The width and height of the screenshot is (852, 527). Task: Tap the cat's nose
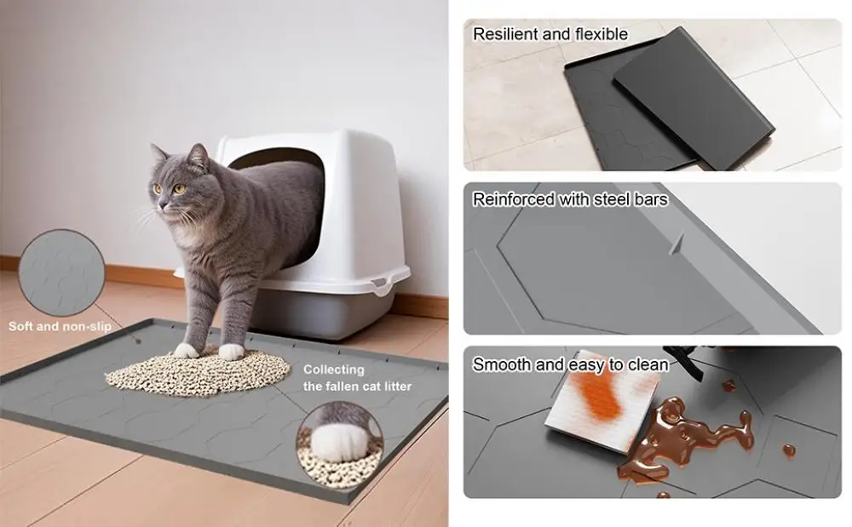click(x=161, y=205)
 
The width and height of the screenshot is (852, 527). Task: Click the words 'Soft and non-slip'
click(x=60, y=326)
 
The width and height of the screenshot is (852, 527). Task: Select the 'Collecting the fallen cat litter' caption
click(x=357, y=378)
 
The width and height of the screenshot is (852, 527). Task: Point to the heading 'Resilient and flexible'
click(x=550, y=34)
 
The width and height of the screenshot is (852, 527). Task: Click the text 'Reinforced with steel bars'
click(x=570, y=199)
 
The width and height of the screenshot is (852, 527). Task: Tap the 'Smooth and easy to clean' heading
click(x=570, y=364)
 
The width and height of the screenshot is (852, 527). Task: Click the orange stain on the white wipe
click(x=602, y=392)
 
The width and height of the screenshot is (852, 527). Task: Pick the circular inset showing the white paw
click(x=340, y=444)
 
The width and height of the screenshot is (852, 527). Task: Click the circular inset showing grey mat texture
click(x=62, y=272)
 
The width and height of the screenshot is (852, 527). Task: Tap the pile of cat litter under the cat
click(x=199, y=370)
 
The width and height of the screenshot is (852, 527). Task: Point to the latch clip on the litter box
click(x=383, y=284)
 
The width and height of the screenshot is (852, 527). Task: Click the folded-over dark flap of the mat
click(x=694, y=98)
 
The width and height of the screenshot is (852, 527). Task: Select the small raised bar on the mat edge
click(x=676, y=244)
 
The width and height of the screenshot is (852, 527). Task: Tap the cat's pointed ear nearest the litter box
click(x=199, y=156)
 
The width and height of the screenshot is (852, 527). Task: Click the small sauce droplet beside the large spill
click(x=789, y=450)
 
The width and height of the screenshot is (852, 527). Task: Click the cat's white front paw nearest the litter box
click(x=231, y=351)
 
